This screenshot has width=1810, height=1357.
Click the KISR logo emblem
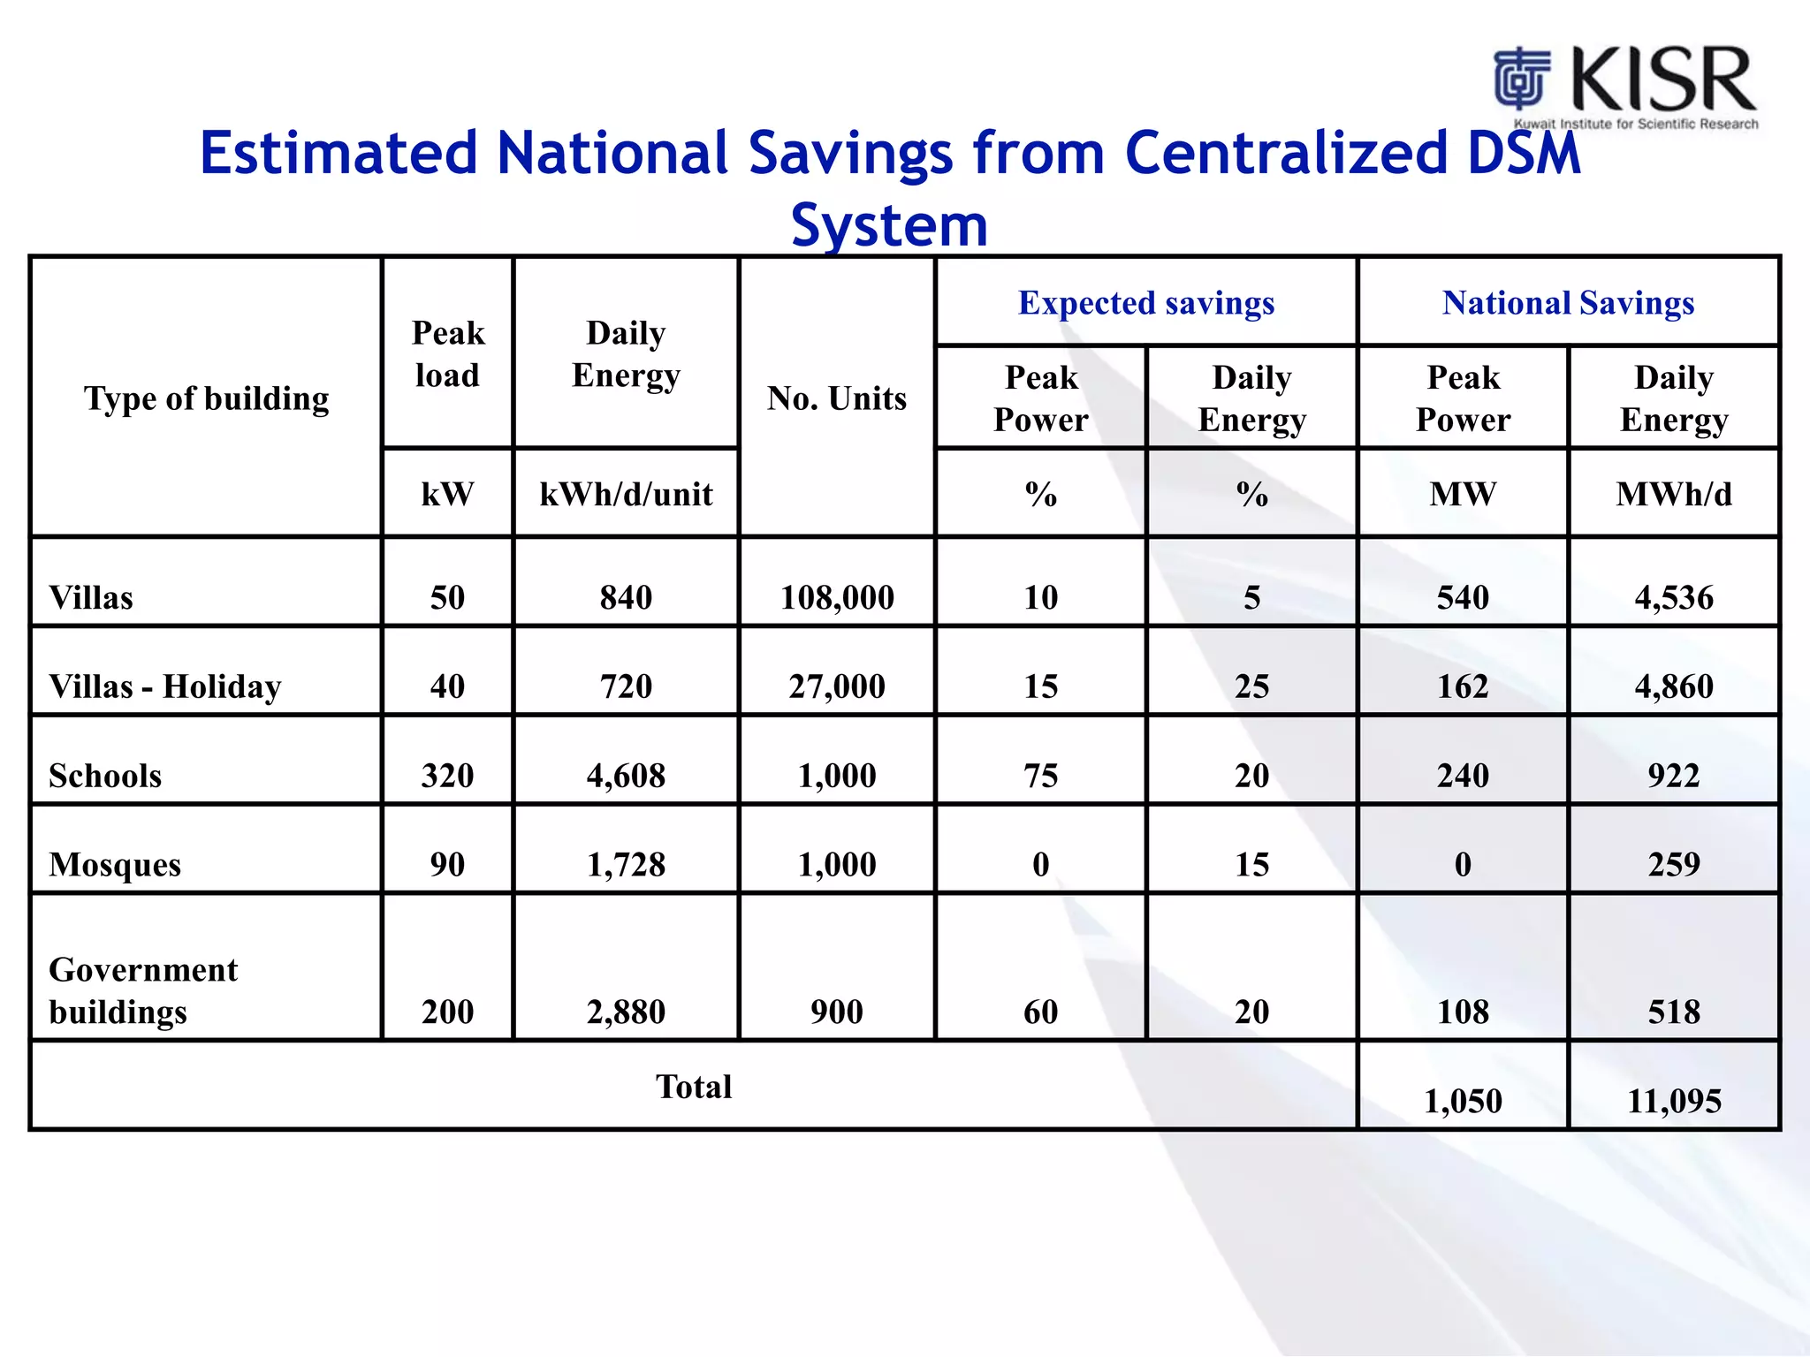pyautogui.click(x=1522, y=78)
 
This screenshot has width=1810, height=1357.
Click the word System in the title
pyautogui.click(x=889, y=224)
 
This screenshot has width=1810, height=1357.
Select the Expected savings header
pyautogui.click(x=1145, y=303)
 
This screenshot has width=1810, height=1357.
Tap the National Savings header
pyautogui.click(x=1568, y=303)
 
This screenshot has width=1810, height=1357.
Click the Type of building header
pyautogui.click(x=206, y=398)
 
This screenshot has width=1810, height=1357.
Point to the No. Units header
pyautogui.click(x=836, y=398)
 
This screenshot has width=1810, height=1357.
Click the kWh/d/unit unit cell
pyautogui.click(x=626, y=494)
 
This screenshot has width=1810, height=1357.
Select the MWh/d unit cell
pyautogui.click(x=1673, y=494)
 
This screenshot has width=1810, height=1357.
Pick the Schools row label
pyautogui.click(x=105, y=776)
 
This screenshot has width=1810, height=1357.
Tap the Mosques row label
pyautogui.click(x=115, y=864)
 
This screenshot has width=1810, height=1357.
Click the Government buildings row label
pyautogui.click(x=143, y=990)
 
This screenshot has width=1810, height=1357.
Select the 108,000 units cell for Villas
pyautogui.click(x=836, y=598)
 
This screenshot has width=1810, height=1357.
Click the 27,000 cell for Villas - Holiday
pyautogui.click(x=836, y=686)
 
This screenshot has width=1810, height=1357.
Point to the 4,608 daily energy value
pyautogui.click(x=626, y=776)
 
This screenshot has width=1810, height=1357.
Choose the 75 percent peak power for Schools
pyautogui.click(x=1040, y=776)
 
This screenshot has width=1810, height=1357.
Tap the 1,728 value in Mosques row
pyautogui.click(x=626, y=864)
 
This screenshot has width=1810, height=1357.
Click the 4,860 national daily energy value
pyautogui.click(x=1673, y=686)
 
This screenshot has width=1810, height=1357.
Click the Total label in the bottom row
pyautogui.click(x=694, y=1087)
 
